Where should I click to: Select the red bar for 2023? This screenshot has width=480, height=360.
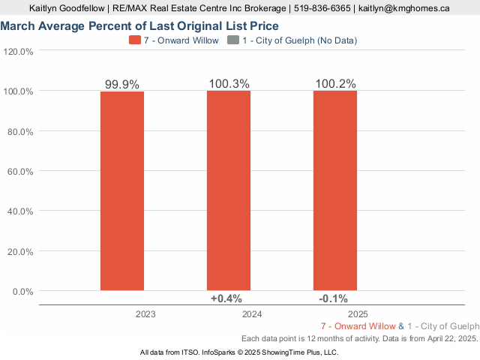[122, 191]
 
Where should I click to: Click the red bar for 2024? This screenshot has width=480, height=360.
[229, 190]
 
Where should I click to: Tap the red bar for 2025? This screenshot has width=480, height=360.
[335, 190]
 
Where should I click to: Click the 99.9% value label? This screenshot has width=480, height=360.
[122, 84]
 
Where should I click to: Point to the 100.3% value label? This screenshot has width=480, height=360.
[229, 83]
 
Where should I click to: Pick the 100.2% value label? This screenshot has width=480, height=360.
[335, 83]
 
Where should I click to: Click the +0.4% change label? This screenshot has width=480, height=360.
[226, 298]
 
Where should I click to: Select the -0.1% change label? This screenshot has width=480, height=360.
[333, 298]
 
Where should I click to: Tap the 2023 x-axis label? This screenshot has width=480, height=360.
[145, 314]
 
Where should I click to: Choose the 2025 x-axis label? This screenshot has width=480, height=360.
[358, 314]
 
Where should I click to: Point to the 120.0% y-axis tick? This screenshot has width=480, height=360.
[18, 52]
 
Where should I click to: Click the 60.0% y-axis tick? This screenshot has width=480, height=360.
[20, 172]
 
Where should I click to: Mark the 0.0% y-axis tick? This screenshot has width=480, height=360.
[22, 292]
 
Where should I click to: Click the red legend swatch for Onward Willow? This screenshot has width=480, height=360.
[135, 40]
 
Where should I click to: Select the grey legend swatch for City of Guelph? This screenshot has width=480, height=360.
[233, 40]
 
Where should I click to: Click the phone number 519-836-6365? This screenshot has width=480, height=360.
[322, 8]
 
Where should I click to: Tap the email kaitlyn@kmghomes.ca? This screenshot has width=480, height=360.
[404, 8]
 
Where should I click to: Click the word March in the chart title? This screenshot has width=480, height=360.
[17, 26]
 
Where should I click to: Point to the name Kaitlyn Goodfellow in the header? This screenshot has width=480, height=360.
[67, 8]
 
